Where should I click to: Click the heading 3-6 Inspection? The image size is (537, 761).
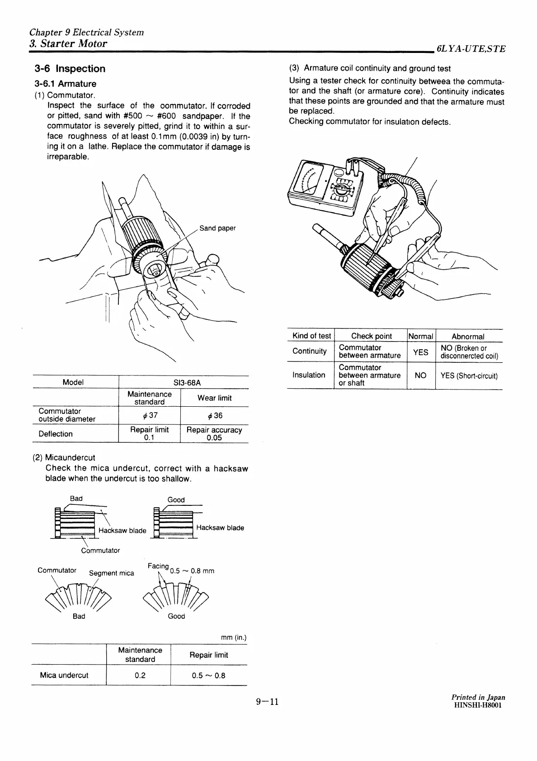(x=70, y=69)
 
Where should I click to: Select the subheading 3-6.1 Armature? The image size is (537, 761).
(x=66, y=84)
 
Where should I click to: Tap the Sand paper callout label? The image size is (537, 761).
(x=217, y=228)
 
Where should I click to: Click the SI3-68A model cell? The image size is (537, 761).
(x=184, y=382)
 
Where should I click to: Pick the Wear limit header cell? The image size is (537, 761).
(x=214, y=398)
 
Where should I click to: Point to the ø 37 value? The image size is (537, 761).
(x=149, y=415)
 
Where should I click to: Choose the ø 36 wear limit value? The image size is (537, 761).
(x=214, y=415)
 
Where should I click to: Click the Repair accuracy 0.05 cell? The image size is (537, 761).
(x=214, y=433)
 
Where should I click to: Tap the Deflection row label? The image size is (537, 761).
(x=56, y=434)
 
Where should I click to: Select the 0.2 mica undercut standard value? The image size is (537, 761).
(x=140, y=675)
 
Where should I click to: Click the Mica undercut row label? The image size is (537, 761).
(x=64, y=675)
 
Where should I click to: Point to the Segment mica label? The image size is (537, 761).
(x=111, y=573)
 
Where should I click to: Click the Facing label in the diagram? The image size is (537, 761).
(x=158, y=566)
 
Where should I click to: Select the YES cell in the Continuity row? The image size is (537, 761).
(x=421, y=352)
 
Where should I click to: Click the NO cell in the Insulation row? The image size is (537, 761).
(x=420, y=375)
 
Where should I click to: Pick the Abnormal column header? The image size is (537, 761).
(x=468, y=336)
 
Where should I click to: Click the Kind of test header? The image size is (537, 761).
(x=311, y=336)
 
